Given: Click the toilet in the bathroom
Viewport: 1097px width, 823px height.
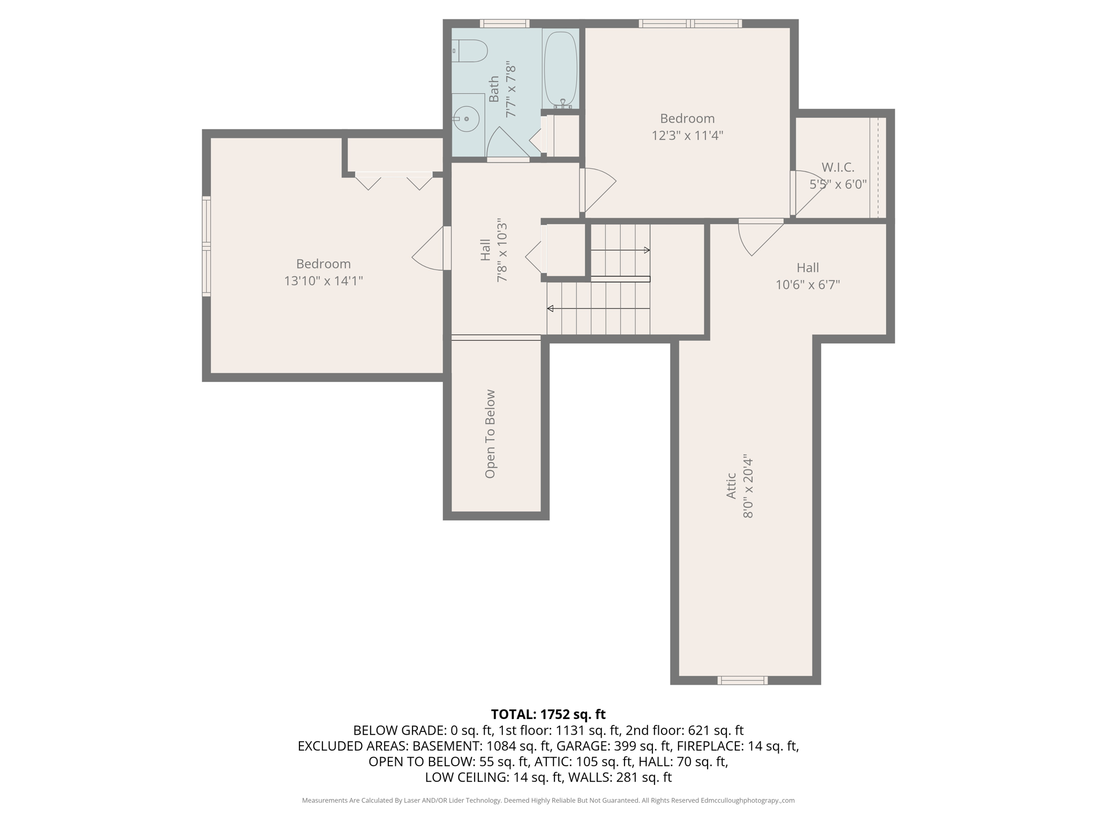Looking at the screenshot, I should [470, 51].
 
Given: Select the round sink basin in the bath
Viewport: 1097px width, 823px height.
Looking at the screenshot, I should [467, 118].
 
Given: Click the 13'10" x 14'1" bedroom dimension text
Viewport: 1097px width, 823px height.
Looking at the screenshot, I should [324, 281].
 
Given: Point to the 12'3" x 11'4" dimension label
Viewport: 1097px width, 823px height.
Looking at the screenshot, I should [687, 136].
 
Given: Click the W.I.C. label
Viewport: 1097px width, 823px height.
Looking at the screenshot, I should [838, 168].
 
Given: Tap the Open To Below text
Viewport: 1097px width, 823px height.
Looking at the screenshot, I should [490, 434].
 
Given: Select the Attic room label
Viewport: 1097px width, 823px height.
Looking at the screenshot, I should [731, 486].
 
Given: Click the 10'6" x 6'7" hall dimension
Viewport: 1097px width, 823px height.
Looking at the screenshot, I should [808, 285].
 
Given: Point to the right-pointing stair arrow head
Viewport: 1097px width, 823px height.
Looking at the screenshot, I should [647, 250].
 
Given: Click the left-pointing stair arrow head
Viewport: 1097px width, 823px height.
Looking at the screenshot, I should [550, 309].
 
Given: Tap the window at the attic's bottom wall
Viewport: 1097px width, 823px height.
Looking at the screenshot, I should [742, 680].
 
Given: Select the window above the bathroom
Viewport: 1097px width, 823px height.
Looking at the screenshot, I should [505, 24].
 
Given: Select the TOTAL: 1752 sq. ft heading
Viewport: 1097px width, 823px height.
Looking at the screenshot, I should [548, 714].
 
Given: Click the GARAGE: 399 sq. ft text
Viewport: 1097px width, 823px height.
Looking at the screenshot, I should [614, 746].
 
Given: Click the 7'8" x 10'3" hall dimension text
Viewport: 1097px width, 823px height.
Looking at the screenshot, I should [502, 250].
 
